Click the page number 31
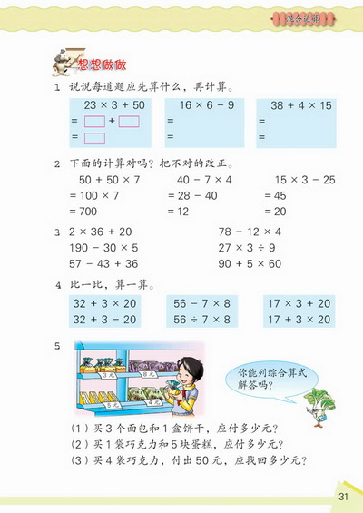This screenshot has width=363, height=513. (x=342, y=496)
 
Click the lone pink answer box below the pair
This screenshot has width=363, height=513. (x=94, y=139)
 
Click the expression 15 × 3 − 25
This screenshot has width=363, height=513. (x=293, y=181)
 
